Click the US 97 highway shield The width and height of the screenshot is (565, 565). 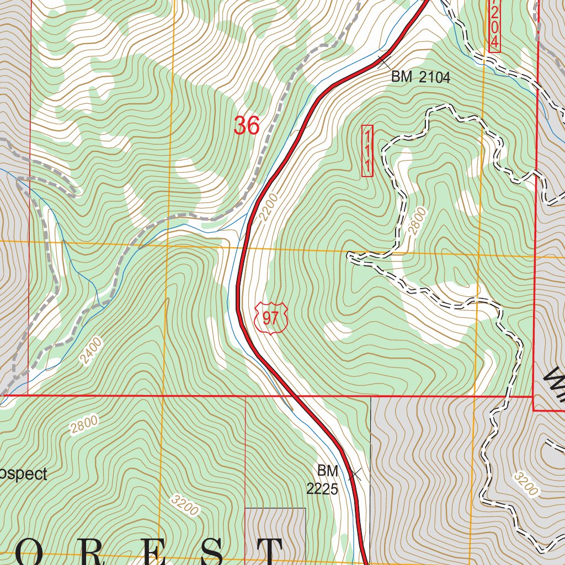click(271, 317)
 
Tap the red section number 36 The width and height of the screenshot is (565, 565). click(246, 126)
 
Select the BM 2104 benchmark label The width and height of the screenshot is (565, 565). click(420, 77)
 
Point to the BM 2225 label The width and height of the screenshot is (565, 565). click(323, 480)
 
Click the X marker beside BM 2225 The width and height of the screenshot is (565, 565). click(354, 473)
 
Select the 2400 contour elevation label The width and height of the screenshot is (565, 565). click(91, 351)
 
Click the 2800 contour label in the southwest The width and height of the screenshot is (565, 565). click(84, 424)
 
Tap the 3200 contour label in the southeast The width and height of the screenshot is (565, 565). click(525, 483)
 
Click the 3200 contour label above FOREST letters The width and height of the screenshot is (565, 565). click(185, 505)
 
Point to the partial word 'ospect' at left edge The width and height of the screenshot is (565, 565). click(23, 474)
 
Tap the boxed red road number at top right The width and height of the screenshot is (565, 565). click(494, 25)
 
